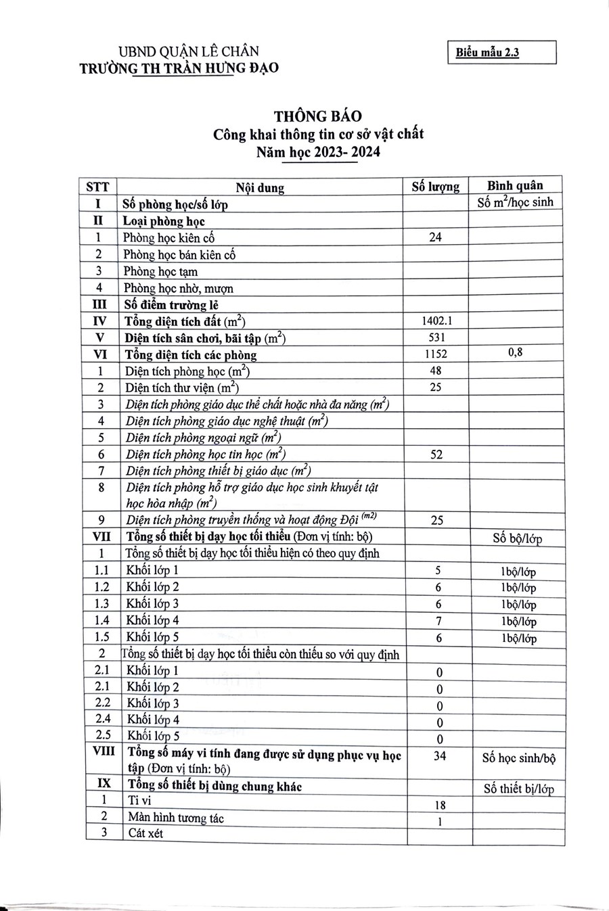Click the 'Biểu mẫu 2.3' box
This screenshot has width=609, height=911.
coord(501,52)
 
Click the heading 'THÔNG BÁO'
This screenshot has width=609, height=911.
coord(317,116)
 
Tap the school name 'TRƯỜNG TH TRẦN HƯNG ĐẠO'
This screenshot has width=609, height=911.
coord(179,68)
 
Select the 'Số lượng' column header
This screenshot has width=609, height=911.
coord(435,187)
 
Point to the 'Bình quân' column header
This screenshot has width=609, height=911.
coord(515,185)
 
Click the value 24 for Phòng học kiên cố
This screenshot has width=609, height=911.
coord(435,237)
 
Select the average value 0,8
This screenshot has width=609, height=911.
coord(515,352)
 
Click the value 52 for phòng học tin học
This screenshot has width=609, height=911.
coord(436,454)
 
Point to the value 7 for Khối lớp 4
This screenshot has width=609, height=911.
coord(438,621)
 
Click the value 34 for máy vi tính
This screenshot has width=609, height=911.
coord(439,755)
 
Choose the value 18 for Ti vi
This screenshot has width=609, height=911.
coord(439,805)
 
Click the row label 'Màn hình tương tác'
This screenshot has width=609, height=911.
coord(176,818)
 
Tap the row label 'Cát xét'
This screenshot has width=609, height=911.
coord(146,833)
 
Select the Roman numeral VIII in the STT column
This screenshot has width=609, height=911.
coord(103,751)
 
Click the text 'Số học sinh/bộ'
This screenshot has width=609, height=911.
coord(518,758)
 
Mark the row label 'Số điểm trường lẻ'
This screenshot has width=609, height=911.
coord(175,305)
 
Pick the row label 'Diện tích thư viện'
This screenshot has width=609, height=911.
coord(181,388)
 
